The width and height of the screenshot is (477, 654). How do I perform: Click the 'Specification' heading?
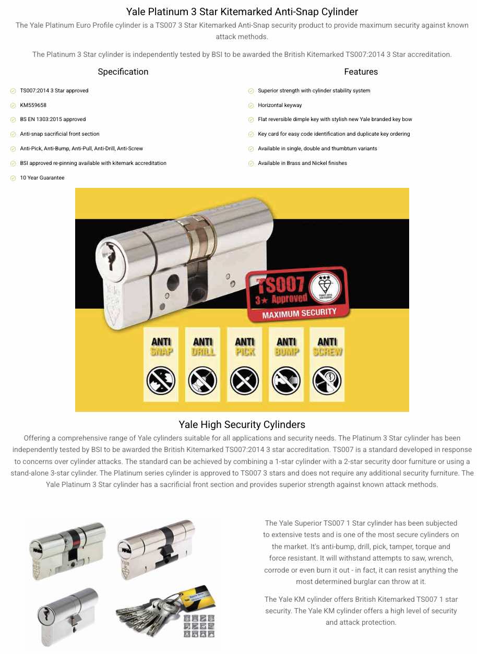click(x=123, y=72)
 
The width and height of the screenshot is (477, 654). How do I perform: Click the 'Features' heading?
click(x=361, y=72)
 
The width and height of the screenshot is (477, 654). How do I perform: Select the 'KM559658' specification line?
click(x=33, y=105)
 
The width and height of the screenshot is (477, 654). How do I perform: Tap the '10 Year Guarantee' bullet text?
click(x=42, y=178)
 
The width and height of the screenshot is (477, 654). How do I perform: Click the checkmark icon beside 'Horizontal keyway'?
click(x=251, y=105)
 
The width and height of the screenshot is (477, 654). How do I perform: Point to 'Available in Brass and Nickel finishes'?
click(x=302, y=163)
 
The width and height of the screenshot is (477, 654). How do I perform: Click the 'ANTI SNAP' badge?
click(x=161, y=364)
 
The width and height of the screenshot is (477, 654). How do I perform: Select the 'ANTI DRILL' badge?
click(x=203, y=364)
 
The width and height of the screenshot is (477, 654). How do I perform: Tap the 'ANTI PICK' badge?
click(x=245, y=364)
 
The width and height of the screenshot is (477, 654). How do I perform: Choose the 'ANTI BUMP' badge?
click(x=287, y=364)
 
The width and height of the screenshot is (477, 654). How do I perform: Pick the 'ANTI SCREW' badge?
click(x=327, y=364)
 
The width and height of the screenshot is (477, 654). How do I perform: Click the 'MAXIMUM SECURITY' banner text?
click(x=299, y=313)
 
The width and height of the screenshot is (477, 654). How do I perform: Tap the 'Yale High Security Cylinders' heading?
click(x=242, y=424)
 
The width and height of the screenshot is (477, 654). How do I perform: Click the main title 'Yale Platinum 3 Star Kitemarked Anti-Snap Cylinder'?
click(x=242, y=11)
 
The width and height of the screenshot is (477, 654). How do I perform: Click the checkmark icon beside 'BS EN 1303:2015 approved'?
click(x=13, y=120)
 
